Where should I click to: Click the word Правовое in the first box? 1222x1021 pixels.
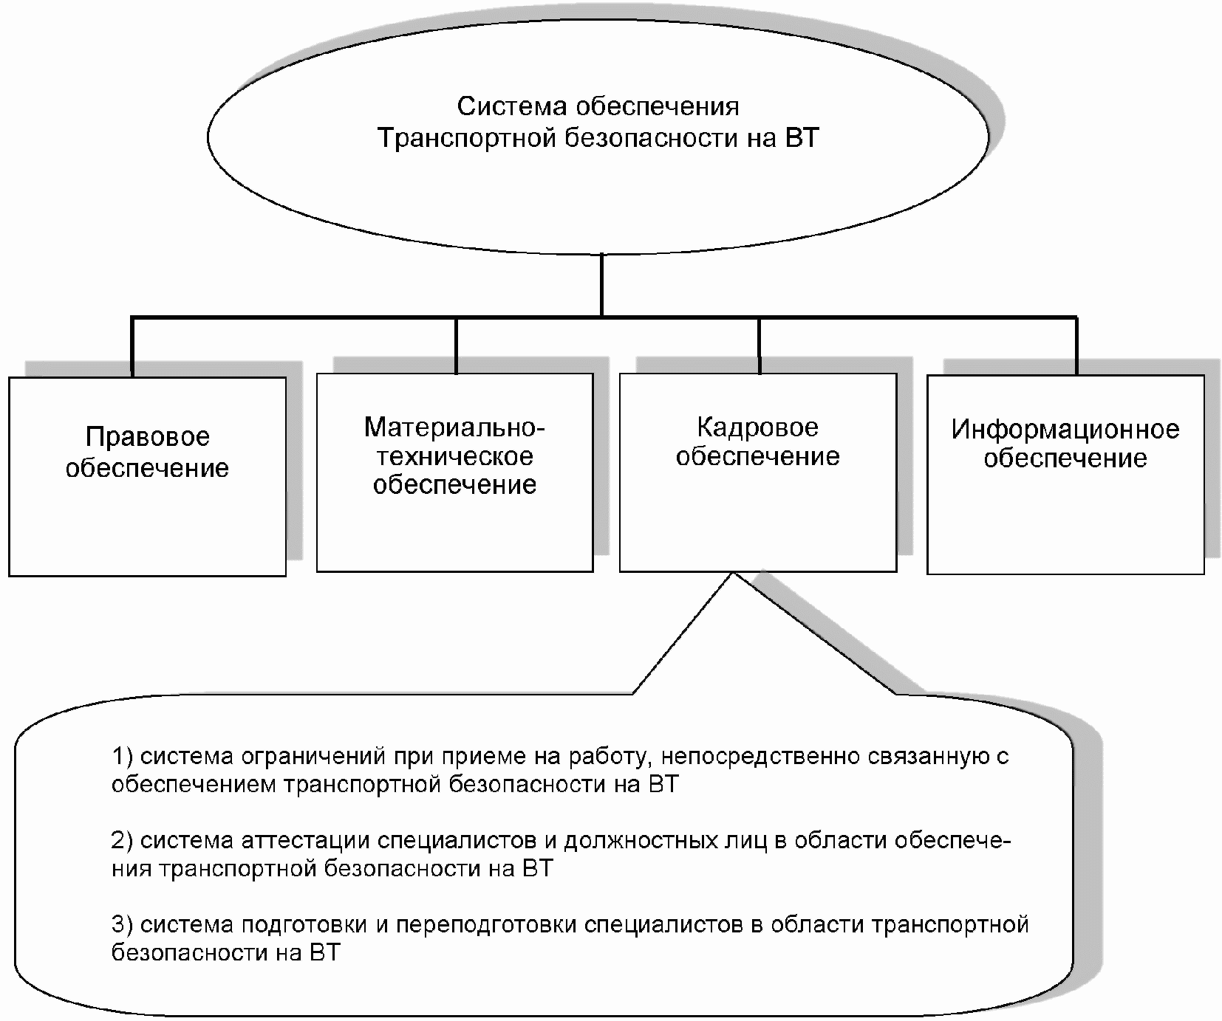148,437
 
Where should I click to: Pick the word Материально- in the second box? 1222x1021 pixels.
454,427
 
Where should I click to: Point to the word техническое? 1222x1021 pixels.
454,456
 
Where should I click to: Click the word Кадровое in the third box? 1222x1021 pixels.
757,427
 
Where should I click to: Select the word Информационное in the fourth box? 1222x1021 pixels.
1065,430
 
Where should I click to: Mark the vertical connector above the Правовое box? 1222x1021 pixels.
132,347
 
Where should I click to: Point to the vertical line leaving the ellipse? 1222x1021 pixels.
602,285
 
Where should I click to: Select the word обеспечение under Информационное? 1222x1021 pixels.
1065,458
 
